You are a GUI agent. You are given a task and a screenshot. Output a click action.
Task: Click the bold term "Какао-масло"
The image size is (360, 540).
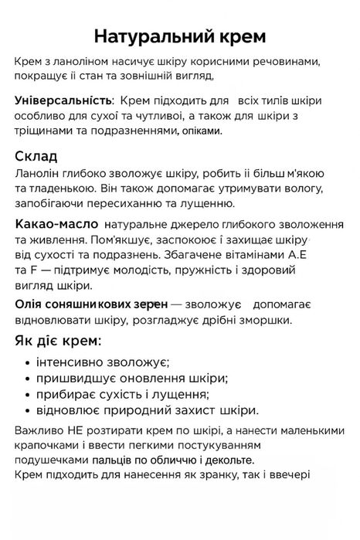(x=54, y=224)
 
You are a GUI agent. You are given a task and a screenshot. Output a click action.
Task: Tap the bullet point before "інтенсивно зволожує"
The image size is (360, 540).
(x=28, y=362)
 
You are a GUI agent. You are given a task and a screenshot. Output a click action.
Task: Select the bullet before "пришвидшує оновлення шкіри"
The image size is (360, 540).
(x=28, y=378)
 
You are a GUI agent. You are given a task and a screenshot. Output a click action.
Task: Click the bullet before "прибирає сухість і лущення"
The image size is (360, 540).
(x=28, y=394)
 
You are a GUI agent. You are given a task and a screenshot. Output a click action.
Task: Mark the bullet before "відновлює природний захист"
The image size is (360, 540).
(x=28, y=410)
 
